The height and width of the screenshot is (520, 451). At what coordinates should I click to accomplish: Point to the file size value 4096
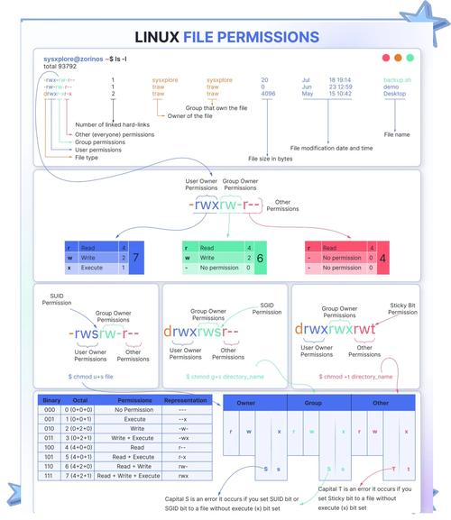[x=268, y=94]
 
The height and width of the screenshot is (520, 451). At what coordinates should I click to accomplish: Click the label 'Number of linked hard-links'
[x=112, y=124]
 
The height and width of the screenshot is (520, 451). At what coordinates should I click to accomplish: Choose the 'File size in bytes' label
[x=271, y=158]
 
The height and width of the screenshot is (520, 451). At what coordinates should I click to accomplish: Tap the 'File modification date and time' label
[x=331, y=147]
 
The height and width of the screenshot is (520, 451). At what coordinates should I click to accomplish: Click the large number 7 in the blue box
[x=135, y=257]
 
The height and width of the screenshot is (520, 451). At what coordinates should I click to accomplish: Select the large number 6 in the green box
[x=260, y=257]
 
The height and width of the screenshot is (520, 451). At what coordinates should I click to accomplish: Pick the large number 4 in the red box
[x=382, y=257]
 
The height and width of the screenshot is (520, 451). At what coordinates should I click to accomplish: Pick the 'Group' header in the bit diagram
[x=313, y=403]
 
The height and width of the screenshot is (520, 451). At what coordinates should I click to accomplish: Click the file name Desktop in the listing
[x=395, y=94]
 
